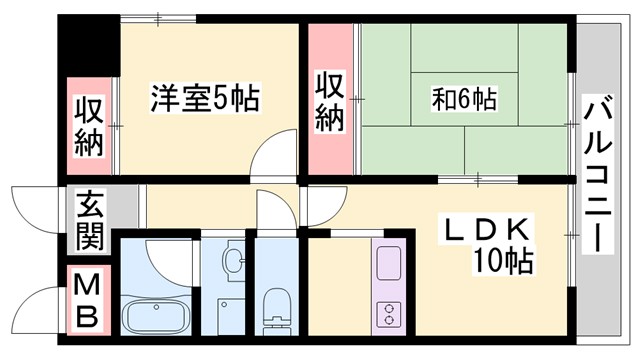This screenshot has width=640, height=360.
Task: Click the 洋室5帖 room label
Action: tap(206, 98)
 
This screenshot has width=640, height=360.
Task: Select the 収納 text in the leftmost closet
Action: tap(88, 125)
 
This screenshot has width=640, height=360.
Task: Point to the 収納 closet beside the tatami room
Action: tap(329, 100)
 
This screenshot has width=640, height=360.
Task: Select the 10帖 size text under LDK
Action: tap(503, 262)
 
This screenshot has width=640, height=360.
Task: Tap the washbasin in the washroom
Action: tap(232, 263)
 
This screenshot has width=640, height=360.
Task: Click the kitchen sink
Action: tap(388, 262)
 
